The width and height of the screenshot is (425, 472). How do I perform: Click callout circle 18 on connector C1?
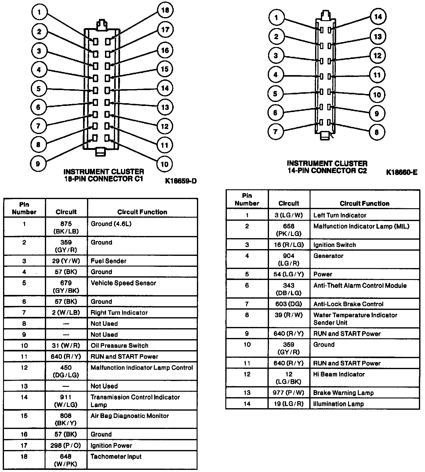point(165,10)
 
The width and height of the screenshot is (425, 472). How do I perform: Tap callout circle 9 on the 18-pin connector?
point(38,164)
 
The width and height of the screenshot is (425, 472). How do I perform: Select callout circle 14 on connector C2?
point(378,17)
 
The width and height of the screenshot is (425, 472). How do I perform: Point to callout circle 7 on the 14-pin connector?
point(275,132)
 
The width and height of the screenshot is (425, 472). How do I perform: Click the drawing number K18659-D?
point(181,181)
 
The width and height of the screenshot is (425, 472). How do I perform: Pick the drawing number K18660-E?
point(401,172)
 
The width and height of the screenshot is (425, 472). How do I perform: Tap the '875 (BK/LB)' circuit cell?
point(66,227)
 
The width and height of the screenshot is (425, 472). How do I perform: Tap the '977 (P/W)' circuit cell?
point(289,393)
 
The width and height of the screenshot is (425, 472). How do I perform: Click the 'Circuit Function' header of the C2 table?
point(365,203)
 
